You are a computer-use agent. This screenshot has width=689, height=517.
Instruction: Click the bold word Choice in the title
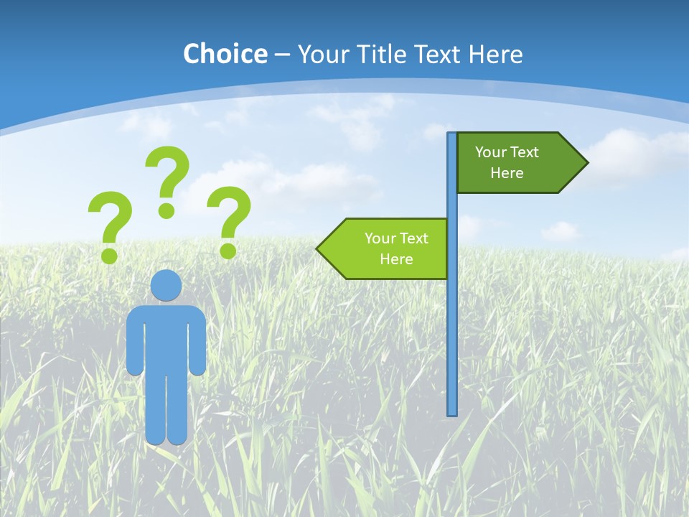225,54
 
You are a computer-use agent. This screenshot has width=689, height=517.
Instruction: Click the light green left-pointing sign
391,248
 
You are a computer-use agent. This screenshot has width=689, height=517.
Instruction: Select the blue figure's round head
166,285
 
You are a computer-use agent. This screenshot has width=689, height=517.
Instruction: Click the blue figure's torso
166,337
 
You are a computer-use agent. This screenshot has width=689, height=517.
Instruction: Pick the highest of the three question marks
169,172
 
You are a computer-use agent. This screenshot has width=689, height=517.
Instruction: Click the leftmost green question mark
110,219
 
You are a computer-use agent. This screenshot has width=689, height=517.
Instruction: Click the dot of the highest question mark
167,210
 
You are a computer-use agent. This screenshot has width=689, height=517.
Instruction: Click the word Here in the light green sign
396,259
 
